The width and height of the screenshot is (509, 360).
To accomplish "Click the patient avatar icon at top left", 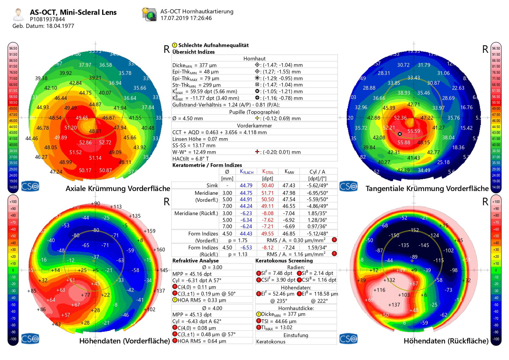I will (18, 14).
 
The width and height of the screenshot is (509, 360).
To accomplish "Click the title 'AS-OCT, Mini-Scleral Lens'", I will (73, 12).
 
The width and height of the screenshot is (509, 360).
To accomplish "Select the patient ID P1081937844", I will (47, 19).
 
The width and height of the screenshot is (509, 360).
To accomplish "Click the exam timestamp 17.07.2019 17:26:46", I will (186, 18).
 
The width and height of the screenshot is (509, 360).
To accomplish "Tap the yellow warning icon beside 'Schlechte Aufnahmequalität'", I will (175, 45).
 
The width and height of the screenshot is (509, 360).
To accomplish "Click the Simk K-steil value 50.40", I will (268, 185).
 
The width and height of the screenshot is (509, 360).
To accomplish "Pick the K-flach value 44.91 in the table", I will (246, 200).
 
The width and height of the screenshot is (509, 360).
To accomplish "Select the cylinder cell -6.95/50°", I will (317, 193).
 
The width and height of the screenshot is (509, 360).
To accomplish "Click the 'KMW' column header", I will (289, 172).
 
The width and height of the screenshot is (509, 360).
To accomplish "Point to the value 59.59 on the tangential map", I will (414, 131).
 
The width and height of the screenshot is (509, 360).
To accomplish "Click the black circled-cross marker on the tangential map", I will (400, 134).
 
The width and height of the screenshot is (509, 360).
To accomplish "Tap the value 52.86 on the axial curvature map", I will (85, 143).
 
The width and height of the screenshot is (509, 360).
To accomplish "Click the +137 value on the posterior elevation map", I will (394, 305).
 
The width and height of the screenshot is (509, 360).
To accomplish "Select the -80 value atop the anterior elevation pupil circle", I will (96, 230).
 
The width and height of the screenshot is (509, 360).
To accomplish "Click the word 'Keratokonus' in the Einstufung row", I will (271, 342).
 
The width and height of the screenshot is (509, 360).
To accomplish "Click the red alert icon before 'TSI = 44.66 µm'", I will (259, 321).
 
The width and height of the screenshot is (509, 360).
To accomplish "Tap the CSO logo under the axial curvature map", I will (30, 186).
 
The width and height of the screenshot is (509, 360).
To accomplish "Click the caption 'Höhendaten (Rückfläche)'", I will (446, 341).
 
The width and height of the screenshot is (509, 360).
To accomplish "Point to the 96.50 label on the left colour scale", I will (13, 48).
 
